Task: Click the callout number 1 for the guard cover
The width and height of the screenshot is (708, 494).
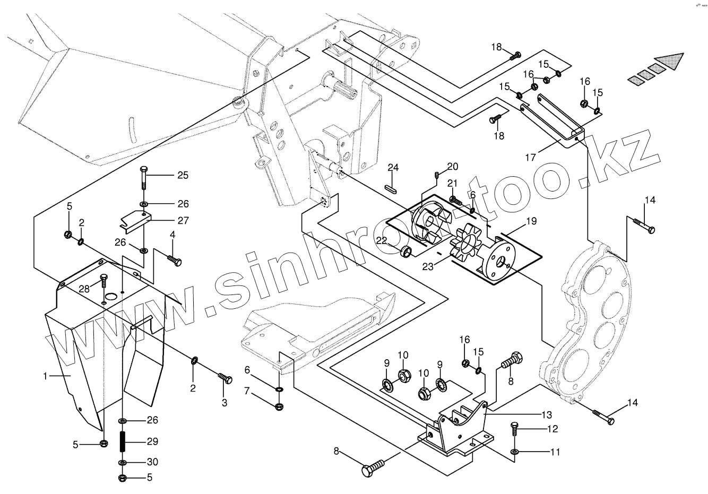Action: point(47,376)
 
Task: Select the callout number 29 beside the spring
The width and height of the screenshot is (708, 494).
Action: point(152,441)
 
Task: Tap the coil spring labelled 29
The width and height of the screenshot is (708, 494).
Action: point(123,441)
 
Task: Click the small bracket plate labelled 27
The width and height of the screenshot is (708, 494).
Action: point(135,220)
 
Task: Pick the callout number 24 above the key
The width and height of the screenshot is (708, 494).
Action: point(393,168)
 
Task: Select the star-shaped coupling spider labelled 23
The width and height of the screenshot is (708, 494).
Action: point(465,244)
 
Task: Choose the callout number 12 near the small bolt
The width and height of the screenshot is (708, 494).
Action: point(554,429)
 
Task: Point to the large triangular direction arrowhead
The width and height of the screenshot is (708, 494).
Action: point(669,62)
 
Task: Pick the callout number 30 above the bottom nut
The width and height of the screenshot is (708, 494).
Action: point(152,462)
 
